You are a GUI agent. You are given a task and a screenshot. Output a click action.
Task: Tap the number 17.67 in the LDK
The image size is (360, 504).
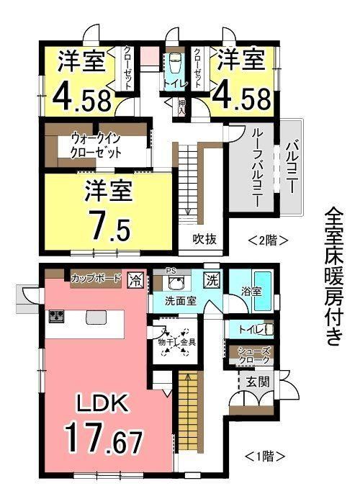104,437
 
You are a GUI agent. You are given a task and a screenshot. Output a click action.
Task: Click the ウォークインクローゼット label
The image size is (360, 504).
96,146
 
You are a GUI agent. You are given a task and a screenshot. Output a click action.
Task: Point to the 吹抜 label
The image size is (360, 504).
204,239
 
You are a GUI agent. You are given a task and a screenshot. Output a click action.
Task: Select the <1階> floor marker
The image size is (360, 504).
265,456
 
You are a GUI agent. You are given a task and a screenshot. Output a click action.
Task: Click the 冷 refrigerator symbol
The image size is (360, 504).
135,279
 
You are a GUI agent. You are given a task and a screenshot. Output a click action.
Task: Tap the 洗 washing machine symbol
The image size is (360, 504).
212,279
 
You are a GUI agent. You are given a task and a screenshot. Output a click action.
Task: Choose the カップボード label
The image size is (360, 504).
96,278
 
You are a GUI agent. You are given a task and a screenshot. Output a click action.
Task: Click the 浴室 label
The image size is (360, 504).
251,292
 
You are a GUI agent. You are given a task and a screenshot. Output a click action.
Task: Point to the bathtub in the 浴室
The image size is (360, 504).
264,292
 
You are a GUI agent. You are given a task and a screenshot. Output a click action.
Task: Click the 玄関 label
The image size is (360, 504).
257,382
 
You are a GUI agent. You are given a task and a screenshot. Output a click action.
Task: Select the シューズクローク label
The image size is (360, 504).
253,355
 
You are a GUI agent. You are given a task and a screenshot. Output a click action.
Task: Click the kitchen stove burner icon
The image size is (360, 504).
57,316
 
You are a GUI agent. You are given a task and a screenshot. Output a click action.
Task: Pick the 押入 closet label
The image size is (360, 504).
181,107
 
